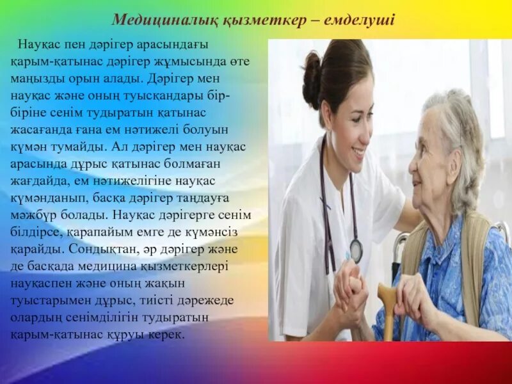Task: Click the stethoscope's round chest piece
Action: coord(356,251)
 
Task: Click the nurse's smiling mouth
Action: coord(359,152)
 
